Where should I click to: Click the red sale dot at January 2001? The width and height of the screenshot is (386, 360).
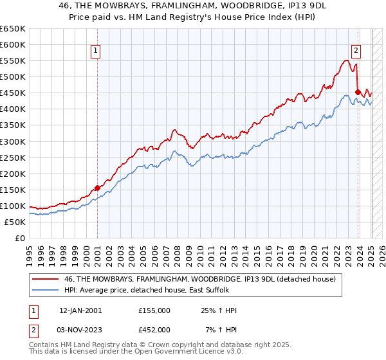97,188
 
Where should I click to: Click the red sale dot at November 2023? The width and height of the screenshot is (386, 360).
358,92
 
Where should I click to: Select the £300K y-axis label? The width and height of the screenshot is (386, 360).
13,141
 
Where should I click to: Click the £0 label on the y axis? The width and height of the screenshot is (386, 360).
19,238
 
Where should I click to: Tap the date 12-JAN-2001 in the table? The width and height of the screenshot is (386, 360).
80,310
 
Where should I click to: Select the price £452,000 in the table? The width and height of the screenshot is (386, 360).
154,330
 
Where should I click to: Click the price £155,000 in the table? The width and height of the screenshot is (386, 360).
154,310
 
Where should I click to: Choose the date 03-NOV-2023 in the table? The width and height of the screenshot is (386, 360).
80,330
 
